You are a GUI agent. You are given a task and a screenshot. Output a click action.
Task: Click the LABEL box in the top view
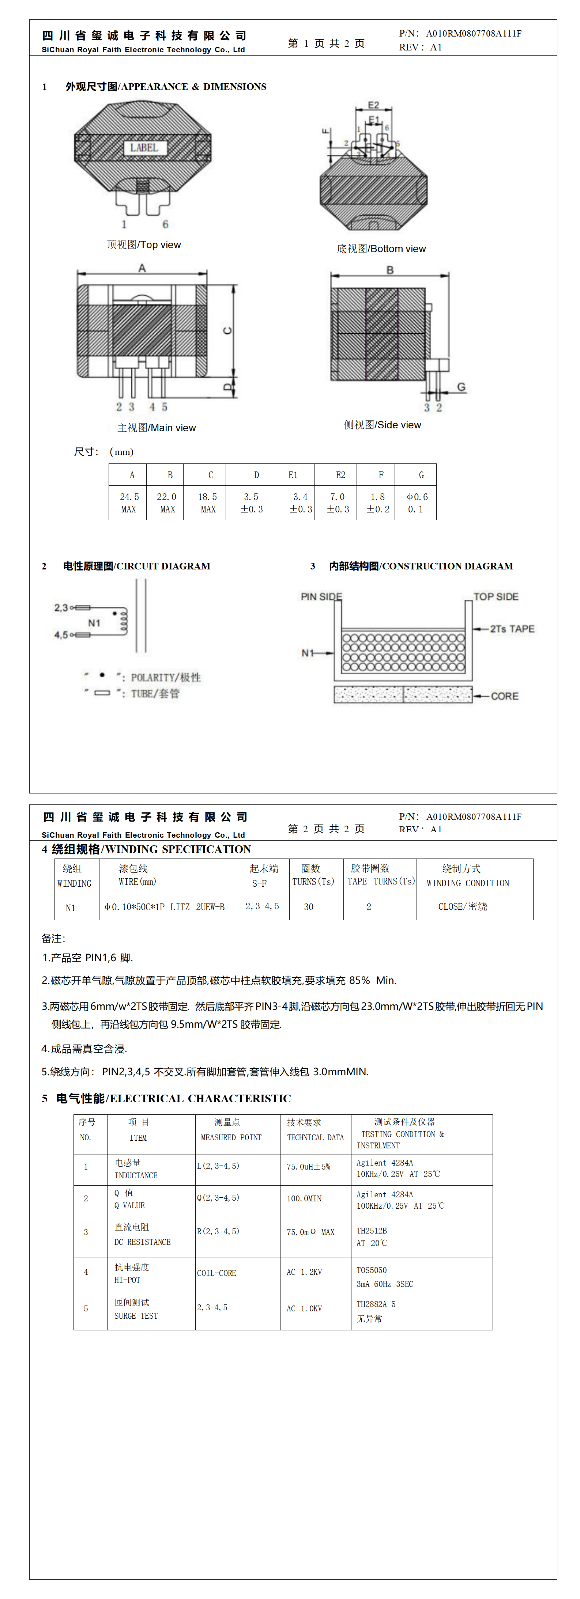tap(144, 148)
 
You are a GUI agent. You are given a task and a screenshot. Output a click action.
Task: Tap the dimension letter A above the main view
tap(142, 268)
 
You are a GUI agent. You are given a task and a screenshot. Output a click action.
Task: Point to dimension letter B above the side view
tap(390, 270)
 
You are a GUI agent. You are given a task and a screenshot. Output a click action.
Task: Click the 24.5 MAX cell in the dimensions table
tap(129, 503)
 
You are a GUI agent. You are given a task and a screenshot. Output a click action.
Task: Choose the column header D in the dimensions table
tap(256, 475)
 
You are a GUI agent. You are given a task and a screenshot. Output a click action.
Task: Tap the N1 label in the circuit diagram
tap(94, 622)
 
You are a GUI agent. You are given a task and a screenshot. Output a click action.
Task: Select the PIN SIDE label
tap(321, 596)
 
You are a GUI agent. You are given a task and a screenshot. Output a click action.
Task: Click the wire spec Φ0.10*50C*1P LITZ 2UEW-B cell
tap(165, 907)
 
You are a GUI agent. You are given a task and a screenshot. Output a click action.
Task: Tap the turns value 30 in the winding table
tap(309, 907)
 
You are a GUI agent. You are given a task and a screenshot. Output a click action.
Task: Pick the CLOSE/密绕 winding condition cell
tap(463, 907)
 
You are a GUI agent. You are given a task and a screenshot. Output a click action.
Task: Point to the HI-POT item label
tap(127, 1280)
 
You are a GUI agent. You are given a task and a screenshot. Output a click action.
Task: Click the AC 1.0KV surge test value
tap(304, 1308)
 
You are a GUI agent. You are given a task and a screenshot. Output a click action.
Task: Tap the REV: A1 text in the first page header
tap(421, 47)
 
